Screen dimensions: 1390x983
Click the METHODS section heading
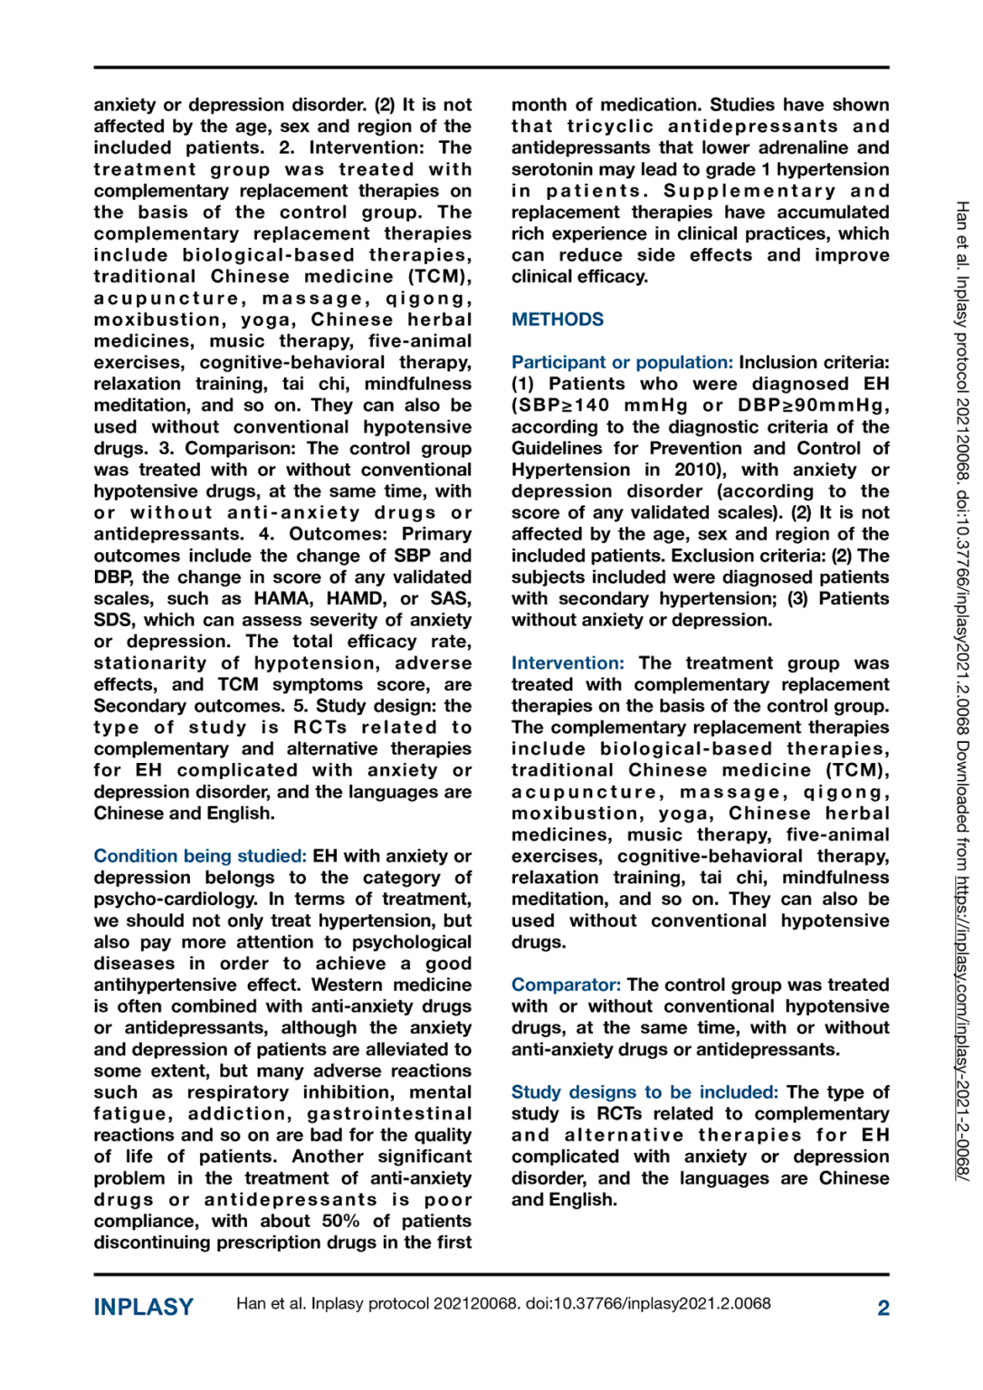(557, 319)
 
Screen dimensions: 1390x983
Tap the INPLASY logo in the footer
(143, 1307)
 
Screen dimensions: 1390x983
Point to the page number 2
(883, 1308)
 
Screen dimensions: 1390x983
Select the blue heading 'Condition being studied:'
(200, 856)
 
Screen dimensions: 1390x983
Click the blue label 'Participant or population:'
(622, 362)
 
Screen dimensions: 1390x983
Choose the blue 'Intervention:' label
(568, 663)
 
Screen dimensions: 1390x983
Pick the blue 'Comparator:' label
(566, 985)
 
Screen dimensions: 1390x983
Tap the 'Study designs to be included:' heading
(644, 1092)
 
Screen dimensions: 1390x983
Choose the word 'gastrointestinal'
(389, 1114)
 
